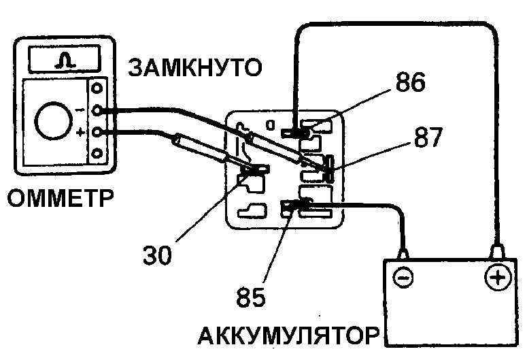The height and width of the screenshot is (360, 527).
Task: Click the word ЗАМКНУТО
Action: [196, 69]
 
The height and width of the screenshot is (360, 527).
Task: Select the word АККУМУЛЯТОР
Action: [289, 336]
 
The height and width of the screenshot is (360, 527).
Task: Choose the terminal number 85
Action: [252, 297]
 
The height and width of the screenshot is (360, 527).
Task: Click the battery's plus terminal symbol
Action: [498, 278]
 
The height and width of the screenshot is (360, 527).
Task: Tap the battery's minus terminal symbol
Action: [403, 278]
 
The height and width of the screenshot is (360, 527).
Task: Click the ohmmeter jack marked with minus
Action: [99, 110]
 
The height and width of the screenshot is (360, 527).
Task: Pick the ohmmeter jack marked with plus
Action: [99, 131]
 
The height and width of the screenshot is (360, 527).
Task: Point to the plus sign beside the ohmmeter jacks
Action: [82, 131]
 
